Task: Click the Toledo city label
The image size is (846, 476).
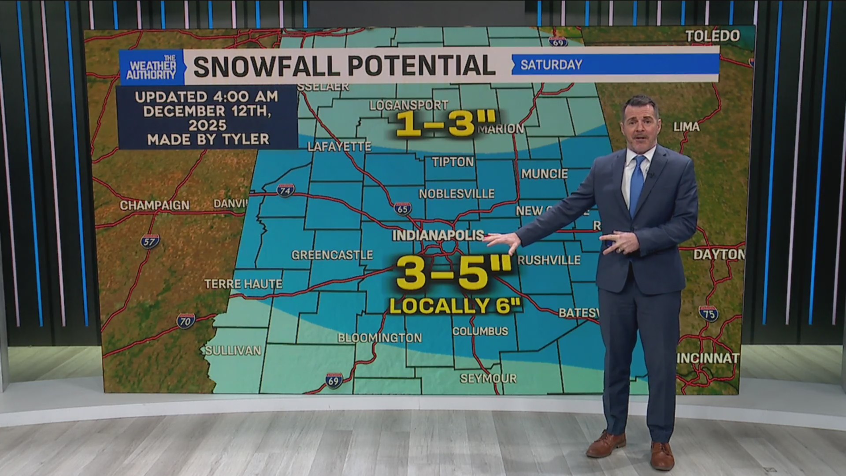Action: coord(712,36)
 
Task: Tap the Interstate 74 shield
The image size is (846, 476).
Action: coord(286,190)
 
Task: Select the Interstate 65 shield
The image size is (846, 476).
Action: coord(403,208)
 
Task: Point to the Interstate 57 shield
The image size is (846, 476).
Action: coord(149,242)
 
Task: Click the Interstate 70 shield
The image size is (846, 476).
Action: coord(186,321)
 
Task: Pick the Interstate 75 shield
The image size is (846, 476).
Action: coord(709,314)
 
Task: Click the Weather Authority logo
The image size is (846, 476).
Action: coord(151,67)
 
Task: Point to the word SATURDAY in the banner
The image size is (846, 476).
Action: coord(551,65)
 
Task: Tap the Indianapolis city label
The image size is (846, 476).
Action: coord(438,235)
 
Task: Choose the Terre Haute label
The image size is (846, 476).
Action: coord(243,284)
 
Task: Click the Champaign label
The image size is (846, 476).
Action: coord(154,205)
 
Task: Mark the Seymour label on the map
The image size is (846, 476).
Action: coord(488,378)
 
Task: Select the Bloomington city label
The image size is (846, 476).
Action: coord(379,338)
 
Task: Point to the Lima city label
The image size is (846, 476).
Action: coord(686,127)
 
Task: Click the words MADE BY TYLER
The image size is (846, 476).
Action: coord(208,140)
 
